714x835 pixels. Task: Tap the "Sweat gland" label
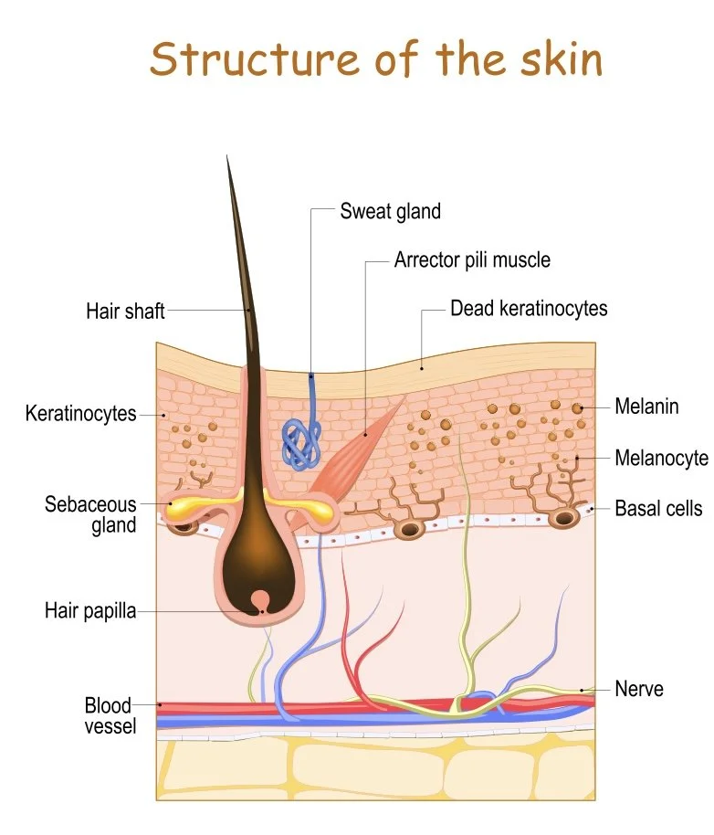click(390, 211)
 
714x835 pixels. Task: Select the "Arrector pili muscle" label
click(472, 259)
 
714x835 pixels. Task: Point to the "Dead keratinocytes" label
click(528, 309)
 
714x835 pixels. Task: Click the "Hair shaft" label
click(125, 311)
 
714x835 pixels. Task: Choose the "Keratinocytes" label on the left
click(80, 413)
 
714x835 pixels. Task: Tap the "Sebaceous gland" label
click(90, 514)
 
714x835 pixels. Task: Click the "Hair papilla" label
click(89, 610)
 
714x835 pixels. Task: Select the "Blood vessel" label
click(109, 715)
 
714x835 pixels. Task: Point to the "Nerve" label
click(639, 688)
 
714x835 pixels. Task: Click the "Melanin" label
click(646, 407)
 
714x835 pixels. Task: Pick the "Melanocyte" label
click(660, 458)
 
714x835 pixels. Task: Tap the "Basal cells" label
click(657, 507)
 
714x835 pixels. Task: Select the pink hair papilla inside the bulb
click(262, 598)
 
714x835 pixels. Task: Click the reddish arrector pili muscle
click(352, 447)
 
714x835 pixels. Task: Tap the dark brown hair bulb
click(260, 548)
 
